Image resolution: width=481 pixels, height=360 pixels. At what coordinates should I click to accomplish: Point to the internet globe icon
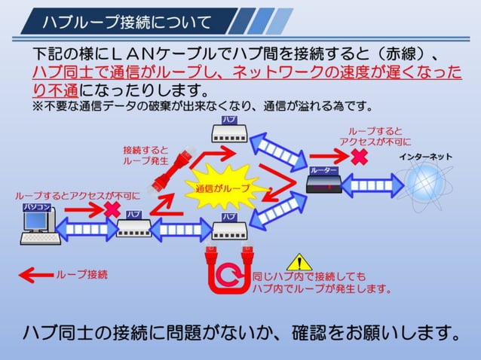(x=426, y=183)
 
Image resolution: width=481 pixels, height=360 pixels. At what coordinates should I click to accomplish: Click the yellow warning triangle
(x=300, y=262)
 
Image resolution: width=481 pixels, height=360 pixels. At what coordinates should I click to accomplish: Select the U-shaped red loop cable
(x=226, y=267)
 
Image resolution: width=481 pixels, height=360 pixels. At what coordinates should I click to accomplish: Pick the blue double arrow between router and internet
(x=372, y=185)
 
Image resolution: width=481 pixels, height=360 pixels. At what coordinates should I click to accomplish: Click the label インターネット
(x=426, y=156)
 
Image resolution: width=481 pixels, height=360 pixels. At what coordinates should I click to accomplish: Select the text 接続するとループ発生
(x=146, y=155)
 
